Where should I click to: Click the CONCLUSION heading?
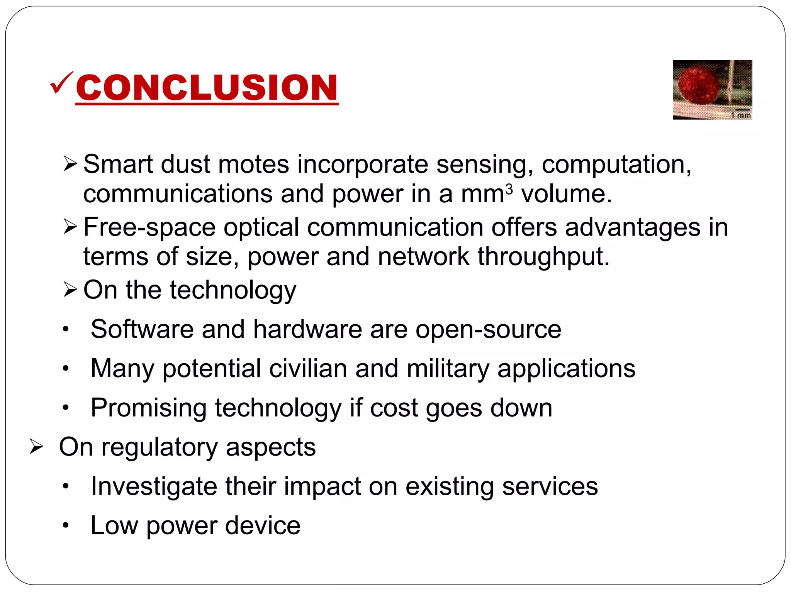pyautogui.click(x=207, y=88)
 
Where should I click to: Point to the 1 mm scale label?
pyautogui.click(x=740, y=115)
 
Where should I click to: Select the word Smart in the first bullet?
pyautogui.click(x=118, y=164)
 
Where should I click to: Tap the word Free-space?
pyautogui.click(x=149, y=227)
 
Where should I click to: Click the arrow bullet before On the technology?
pyautogui.click(x=70, y=290)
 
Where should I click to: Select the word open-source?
pyautogui.click(x=488, y=329)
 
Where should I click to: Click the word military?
pyautogui.click(x=448, y=368)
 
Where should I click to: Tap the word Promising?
pyautogui.click(x=149, y=408)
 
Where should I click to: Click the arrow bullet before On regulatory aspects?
pyautogui.click(x=36, y=447)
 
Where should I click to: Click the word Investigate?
pyautogui.click(x=154, y=486)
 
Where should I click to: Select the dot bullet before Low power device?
pyautogui.click(x=66, y=525)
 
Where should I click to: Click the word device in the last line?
pyautogui.click(x=263, y=525)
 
